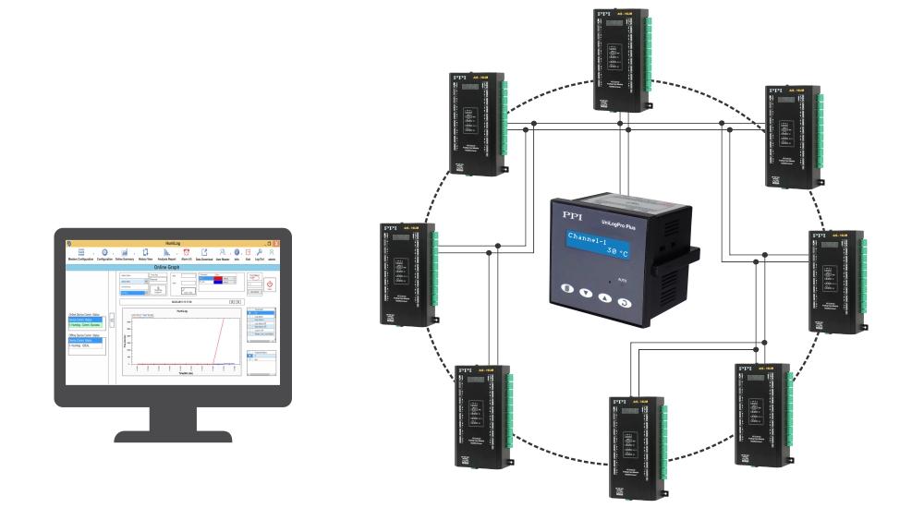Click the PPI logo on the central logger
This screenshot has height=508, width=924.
[567, 213]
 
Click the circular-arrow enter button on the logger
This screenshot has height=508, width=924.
[626, 301]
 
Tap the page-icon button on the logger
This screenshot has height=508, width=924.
[565, 293]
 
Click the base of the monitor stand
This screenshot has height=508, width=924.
[173, 434]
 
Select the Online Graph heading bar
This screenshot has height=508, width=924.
[173, 268]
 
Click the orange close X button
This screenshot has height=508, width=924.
[274, 242]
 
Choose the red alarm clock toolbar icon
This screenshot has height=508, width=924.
[187, 252]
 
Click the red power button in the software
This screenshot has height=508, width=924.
[269, 284]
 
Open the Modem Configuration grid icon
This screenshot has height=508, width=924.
[80, 252]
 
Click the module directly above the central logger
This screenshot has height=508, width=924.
[620, 60]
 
